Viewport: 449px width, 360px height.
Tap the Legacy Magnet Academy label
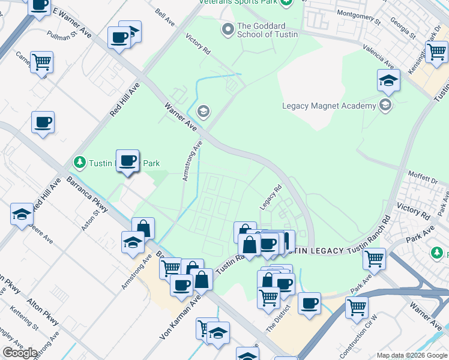(x=329, y=106)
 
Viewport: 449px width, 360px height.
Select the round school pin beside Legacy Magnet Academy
(x=385, y=106)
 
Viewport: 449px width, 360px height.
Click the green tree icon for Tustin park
(x=79, y=162)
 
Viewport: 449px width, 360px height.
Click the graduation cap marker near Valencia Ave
(x=388, y=80)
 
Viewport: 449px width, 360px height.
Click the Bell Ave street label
(x=164, y=19)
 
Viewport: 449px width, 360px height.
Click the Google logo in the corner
(x=20, y=353)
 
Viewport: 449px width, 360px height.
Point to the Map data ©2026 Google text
(x=411, y=355)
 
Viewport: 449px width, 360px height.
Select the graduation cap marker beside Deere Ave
(x=22, y=215)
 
